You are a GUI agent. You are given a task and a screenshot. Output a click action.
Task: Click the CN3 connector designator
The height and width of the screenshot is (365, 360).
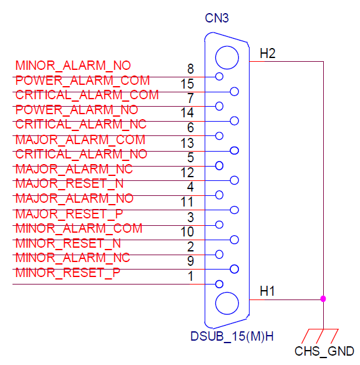coord(216,18)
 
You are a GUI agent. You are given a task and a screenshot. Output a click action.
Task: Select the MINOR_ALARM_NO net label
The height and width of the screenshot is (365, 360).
coord(73,66)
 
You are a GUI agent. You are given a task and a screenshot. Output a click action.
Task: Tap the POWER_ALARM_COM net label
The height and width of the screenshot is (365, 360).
coord(82,80)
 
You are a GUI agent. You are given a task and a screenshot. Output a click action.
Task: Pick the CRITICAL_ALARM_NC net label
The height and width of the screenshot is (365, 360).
coord(80,124)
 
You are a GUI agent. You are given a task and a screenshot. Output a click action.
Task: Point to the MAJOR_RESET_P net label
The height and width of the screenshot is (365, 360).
coord(69,214)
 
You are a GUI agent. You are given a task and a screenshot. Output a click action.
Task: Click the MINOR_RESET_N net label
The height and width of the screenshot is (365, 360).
coord(68,243)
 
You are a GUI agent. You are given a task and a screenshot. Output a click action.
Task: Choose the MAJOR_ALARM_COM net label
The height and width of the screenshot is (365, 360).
coord(80,140)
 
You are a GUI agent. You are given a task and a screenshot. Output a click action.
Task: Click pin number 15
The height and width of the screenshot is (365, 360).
coord(187,84)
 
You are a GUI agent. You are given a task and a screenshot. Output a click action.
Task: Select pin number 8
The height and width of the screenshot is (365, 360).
coord(190,69)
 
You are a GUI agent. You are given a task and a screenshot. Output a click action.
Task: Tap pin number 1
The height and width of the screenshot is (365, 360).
coord(191,276)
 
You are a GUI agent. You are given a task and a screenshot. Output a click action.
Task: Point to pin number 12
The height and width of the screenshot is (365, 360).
coord(187,172)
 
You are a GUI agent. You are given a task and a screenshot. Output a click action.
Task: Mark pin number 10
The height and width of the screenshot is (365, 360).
coord(187,231)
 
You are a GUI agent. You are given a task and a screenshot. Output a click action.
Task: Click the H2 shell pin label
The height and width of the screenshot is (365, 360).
coord(268,53)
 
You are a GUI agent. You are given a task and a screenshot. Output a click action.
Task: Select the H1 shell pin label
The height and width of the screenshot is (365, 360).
coord(267,291)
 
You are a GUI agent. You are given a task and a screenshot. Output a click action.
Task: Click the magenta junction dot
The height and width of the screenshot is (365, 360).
coord(323,299)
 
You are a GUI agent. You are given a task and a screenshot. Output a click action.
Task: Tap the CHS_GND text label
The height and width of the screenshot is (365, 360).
coord(324,351)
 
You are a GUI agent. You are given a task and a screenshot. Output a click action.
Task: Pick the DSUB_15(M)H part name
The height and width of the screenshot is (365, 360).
coord(231,336)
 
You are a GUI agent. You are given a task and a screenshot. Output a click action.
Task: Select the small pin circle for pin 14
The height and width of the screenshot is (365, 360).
coord(235,121)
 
